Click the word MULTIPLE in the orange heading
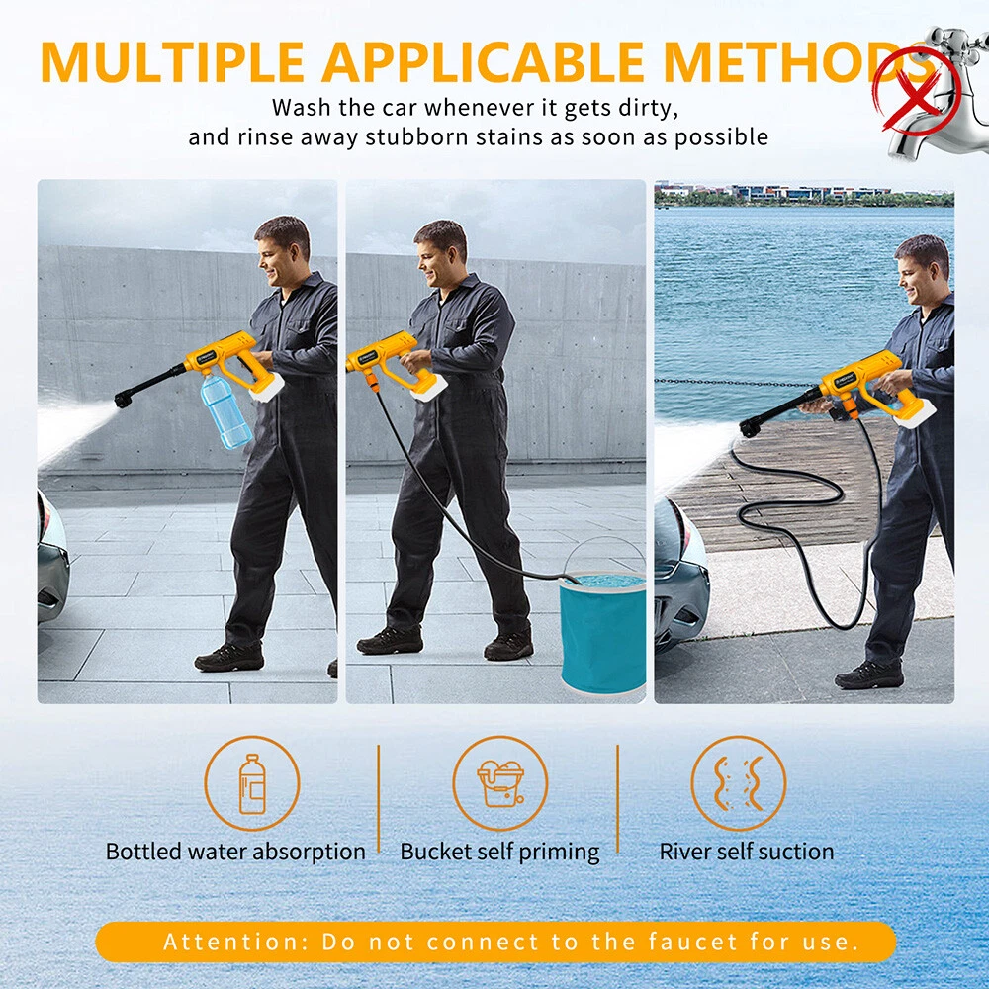pos(171,61)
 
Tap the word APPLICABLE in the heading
pos(484,61)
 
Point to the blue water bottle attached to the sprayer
pos(225,409)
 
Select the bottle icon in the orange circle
pos(251,784)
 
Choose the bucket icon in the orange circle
pos(500,783)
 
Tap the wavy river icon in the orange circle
pos(739,783)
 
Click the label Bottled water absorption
pos(235,852)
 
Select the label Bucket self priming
pos(499,853)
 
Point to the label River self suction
pos(746,852)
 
